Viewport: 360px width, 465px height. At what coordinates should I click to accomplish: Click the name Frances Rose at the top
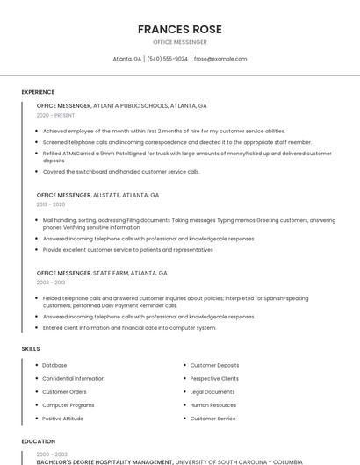pyautogui.click(x=179, y=29)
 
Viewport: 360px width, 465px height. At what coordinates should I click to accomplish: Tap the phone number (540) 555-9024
pyautogui.click(x=167, y=59)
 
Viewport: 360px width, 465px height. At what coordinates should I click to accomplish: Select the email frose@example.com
pyautogui.click(x=220, y=59)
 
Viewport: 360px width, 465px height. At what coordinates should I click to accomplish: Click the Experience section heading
pyautogui.click(x=38, y=92)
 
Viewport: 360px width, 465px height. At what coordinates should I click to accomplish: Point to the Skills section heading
pyautogui.click(x=31, y=349)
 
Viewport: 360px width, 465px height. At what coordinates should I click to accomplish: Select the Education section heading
pyautogui.click(x=38, y=441)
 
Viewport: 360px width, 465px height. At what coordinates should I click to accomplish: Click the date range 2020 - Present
pyautogui.click(x=55, y=115)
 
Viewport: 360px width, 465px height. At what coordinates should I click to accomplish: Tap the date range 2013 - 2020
pyautogui.click(x=51, y=204)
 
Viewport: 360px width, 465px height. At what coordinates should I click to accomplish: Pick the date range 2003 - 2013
pyautogui.click(x=51, y=283)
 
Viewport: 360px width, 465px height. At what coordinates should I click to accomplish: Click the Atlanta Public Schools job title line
pyautogui.click(x=121, y=105)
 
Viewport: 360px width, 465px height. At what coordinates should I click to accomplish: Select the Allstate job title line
pyautogui.click(x=97, y=195)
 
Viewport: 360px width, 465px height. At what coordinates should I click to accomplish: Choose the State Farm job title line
pyautogui.click(x=102, y=273)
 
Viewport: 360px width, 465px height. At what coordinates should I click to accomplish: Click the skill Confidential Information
pyautogui.click(x=73, y=378)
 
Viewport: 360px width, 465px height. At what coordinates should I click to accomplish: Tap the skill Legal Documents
pyautogui.click(x=212, y=391)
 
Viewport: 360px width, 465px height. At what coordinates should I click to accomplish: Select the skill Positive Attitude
pyautogui.click(x=63, y=418)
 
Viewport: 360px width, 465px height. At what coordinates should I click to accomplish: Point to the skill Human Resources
pyautogui.click(x=213, y=405)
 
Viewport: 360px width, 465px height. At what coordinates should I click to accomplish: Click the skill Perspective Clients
pyautogui.click(x=214, y=378)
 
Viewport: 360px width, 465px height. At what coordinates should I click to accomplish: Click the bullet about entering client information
pyautogui.click(x=129, y=328)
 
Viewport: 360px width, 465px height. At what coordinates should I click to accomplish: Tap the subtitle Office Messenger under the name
pyautogui.click(x=179, y=42)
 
